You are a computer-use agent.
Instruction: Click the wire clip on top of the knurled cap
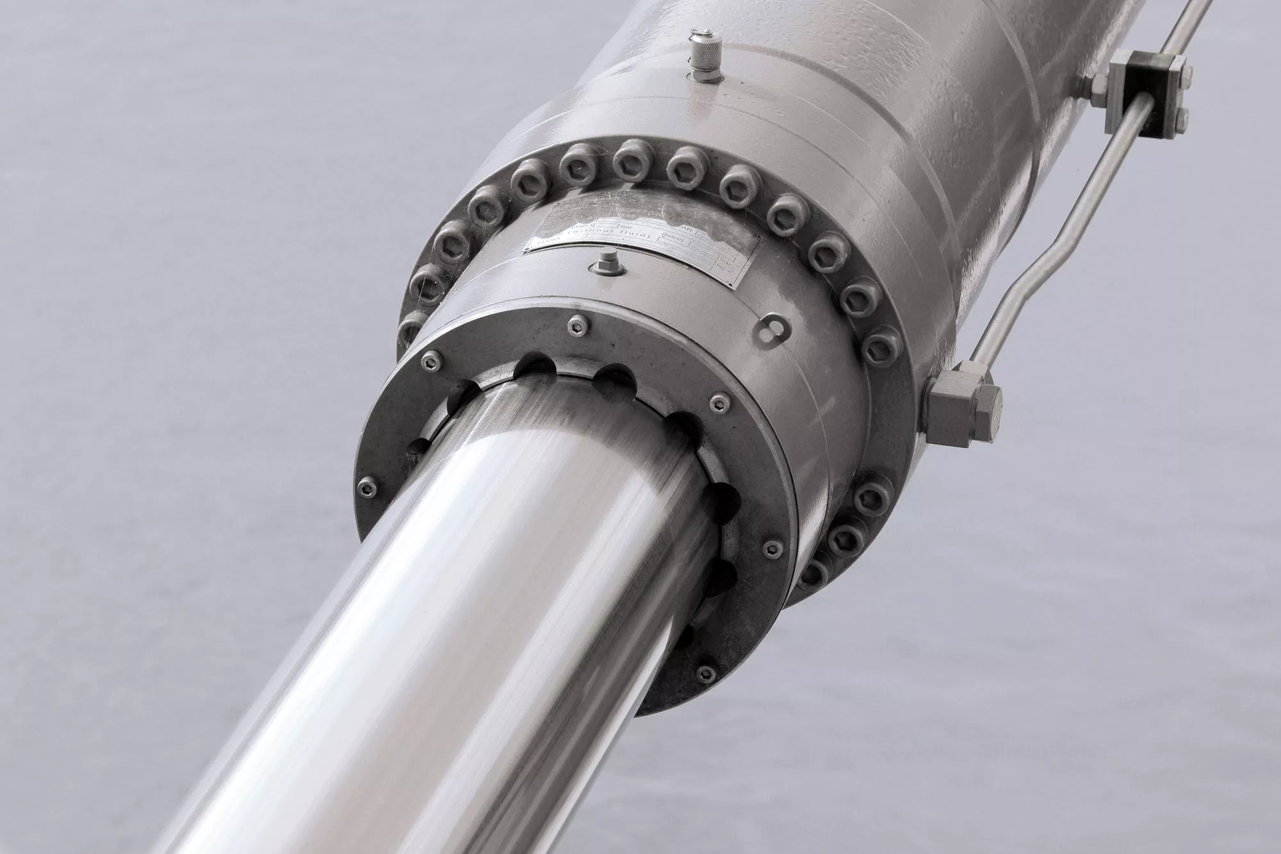coord(703,34)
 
